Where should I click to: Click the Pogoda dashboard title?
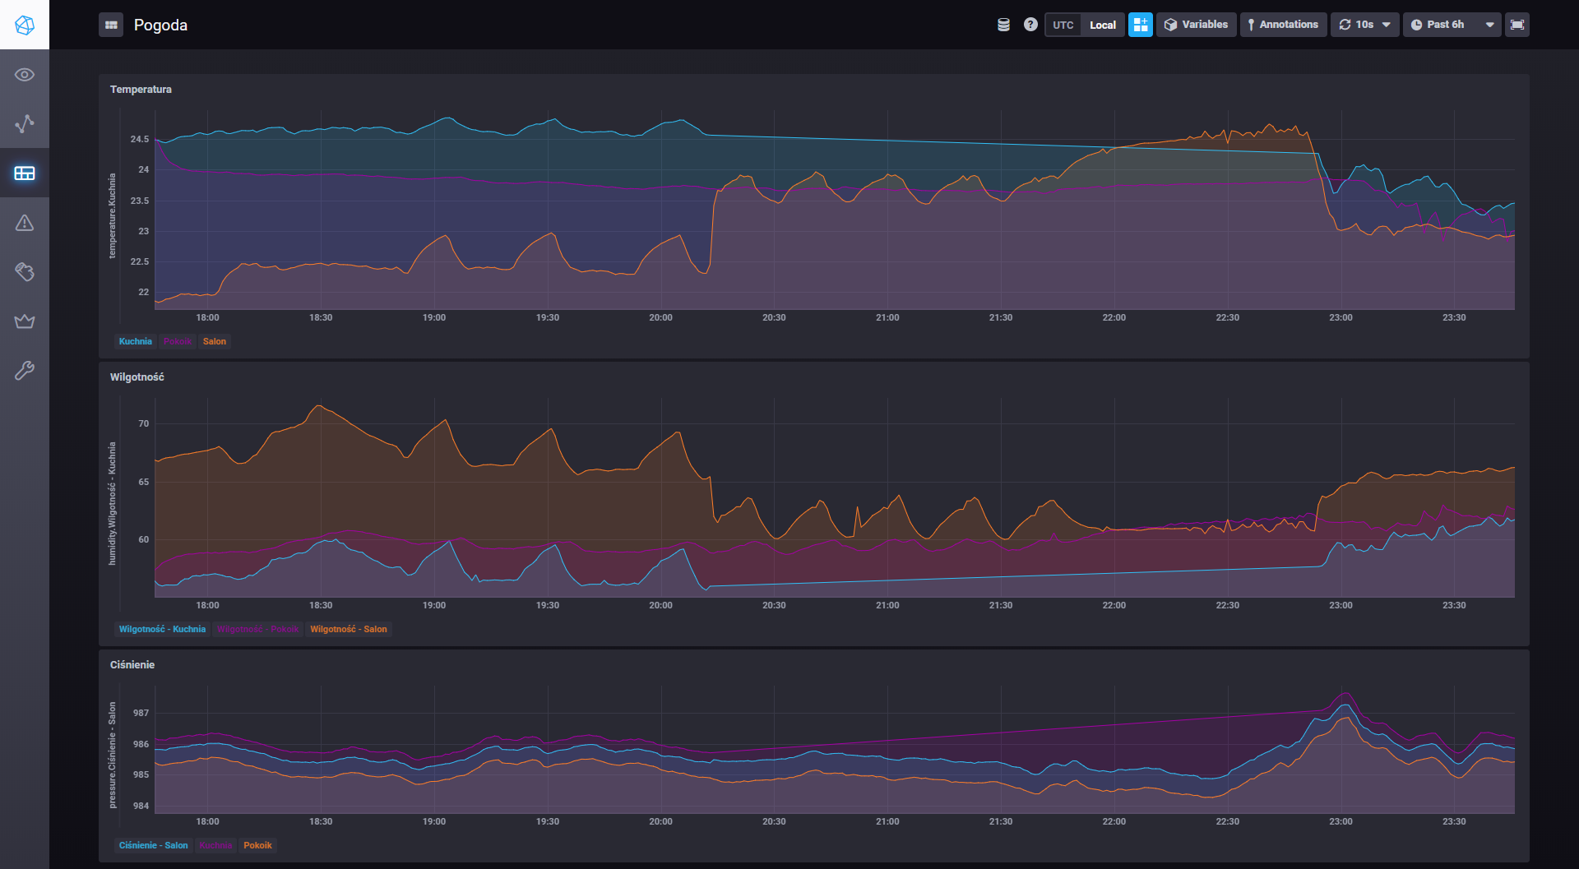[x=160, y=25]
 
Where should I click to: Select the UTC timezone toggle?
[x=1063, y=25]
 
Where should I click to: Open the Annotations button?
[x=1283, y=25]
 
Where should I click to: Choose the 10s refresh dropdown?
[x=1364, y=25]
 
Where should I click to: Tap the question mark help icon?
[x=1030, y=25]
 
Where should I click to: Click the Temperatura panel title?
[x=141, y=90]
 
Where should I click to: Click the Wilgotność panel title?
[x=137, y=377]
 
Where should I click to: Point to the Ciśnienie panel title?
[x=132, y=665]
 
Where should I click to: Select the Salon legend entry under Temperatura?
[x=215, y=342]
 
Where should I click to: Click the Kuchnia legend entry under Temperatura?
[x=136, y=342]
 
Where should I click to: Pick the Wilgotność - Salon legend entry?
[x=348, y=630]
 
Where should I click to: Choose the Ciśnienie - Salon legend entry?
[x=154, y=846]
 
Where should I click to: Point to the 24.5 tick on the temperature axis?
[x=140, y=140]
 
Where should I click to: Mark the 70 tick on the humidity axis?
[x=144, y=424]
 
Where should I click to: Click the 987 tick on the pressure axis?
[x=141, y=714]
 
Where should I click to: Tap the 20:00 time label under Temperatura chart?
[x=660, y=318]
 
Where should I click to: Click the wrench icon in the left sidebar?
[x=25, y=371]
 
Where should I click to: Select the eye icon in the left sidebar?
[x=25, y=75]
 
